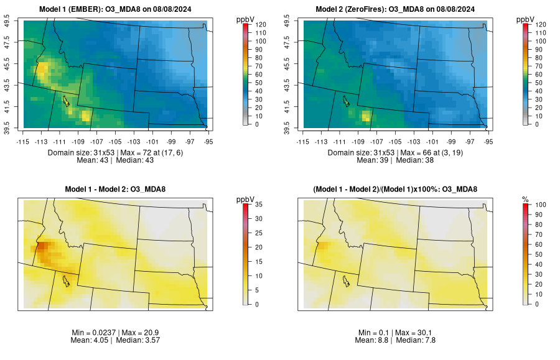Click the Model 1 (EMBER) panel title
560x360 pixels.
(118, 9)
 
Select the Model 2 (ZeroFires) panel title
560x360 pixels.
(397, 9)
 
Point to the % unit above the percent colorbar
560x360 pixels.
(525, 199)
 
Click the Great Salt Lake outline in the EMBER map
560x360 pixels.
(65, 101)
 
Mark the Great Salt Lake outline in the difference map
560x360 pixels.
(65, 281)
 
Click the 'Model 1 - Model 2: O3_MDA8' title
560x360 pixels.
(118, 189)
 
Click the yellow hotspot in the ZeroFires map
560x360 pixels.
(366, 115)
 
